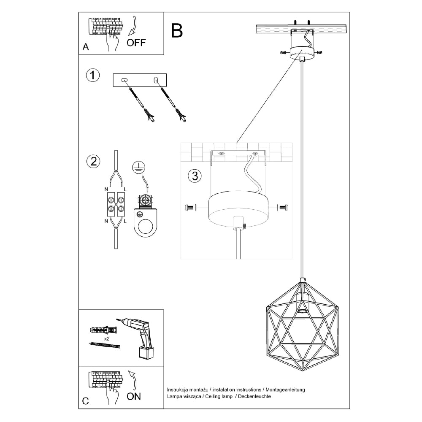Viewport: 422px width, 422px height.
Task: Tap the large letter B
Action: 177,30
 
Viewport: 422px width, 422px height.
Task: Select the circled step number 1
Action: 93,76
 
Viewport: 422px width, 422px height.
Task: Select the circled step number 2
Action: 93,161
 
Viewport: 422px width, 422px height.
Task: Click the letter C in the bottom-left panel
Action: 86,401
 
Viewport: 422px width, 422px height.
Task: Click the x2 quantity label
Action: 108,338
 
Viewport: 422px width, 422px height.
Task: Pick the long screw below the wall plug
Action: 105,346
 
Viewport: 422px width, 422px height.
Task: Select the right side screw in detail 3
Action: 282,207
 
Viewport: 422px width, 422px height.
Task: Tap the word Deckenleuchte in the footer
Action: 255,397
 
